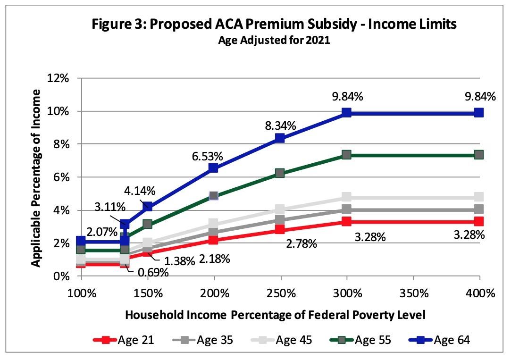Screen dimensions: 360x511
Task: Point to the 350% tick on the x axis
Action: [413, 293]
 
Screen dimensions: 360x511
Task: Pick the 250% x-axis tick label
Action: [280, 293]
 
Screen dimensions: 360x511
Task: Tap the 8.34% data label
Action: [280, 126]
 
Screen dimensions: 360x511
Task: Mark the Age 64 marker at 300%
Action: [347, 112]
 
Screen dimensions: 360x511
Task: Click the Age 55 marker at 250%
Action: [280, 173]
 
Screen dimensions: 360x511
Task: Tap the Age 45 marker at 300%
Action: [347, 197]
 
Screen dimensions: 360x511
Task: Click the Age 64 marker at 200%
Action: [213, 167]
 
